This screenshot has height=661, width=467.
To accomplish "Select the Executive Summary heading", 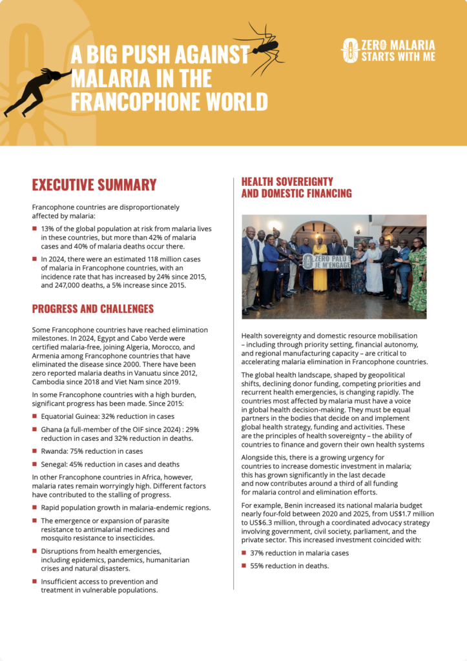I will [x=94, y=185].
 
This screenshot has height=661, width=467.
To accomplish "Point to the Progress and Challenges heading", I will [x=93, y=309].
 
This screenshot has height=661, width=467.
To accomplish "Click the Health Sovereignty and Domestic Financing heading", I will [x=296, y=187].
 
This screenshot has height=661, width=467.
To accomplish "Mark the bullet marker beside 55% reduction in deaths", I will [x=244, y=565].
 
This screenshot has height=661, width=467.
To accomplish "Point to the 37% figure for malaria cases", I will [x=258, y=553].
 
